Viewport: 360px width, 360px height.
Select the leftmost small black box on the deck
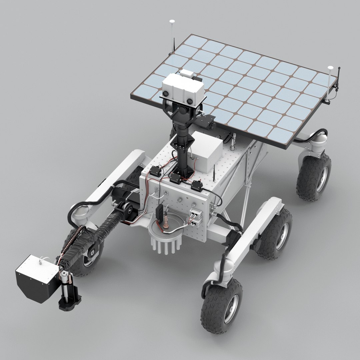click(155, 172)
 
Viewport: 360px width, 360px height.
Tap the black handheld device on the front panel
click(160, 211)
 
